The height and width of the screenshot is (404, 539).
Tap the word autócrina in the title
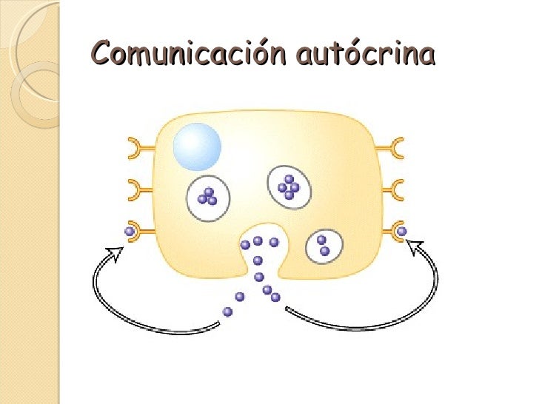(x=364, y=55)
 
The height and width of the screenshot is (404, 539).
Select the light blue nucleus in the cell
(x=197, y=146)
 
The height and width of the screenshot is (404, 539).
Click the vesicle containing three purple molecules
(x=208, y=198)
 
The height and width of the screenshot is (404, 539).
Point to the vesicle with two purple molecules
(x=324, y=245)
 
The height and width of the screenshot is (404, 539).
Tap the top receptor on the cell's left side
(x=138, y=144)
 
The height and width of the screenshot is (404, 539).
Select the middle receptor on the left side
(x=138, y=187)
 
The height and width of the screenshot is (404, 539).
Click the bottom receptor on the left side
(x=140, y=231)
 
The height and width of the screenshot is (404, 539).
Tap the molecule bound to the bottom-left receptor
(x=130, y=232)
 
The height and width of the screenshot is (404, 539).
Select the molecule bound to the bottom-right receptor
(x=402, y=232)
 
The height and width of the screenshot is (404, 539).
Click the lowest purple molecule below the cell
(x=228, y=312)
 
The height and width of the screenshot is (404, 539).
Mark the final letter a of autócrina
(x=426, y=56)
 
